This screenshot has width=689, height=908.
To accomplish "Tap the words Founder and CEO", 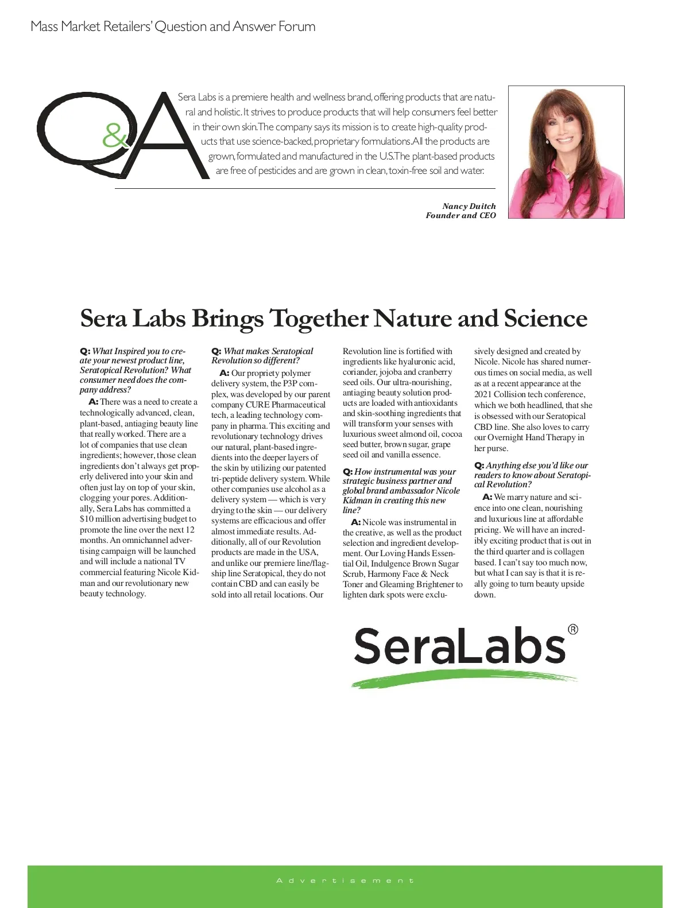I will [460, 215].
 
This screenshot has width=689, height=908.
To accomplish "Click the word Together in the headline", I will [320, 319].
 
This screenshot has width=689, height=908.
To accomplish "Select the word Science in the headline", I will [545, 318].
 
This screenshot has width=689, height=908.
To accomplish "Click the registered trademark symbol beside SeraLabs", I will [572, 630].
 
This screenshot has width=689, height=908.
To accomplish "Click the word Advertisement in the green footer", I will [344, 880].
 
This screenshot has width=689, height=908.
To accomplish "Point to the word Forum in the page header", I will [296, 26].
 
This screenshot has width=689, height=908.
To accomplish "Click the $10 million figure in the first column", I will [100, 519].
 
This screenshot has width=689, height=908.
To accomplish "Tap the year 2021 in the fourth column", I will [484, 394].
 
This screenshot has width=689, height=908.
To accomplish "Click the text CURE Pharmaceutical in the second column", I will [285, 405].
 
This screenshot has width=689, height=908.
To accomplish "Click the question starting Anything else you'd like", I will [532, 475].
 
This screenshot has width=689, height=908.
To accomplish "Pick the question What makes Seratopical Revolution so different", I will [262, 356].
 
